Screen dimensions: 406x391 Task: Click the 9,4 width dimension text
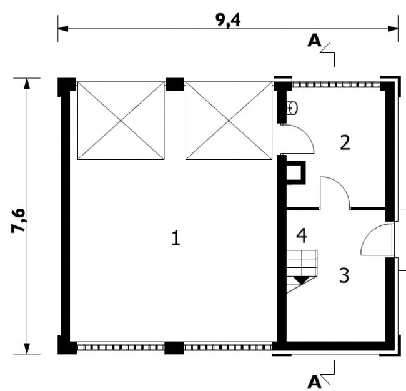pos(228,20)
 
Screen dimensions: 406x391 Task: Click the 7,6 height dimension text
pos(18,220)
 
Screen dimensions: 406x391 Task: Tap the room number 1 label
pos(176,238)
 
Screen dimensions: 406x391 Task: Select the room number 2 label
pos(345,142)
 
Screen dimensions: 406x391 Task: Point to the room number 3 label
pos(344,275)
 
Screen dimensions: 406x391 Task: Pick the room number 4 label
pos(302,235)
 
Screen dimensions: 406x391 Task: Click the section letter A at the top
pos(314,41)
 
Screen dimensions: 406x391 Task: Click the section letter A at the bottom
pos(314,381)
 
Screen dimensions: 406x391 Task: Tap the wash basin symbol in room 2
pos(292,107)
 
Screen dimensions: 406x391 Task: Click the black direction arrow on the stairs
pos(302,280)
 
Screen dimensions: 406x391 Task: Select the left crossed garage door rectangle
pos(121,121)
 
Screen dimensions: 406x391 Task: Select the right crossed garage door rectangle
pos(229,121)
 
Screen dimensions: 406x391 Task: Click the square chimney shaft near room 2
pos(295,172)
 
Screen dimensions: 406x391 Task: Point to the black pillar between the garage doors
pos(175,84)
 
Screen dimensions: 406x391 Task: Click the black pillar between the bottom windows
pos(174,348)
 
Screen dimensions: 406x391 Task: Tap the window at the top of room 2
pos(336,84)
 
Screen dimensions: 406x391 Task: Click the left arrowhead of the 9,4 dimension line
pos(63,29)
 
